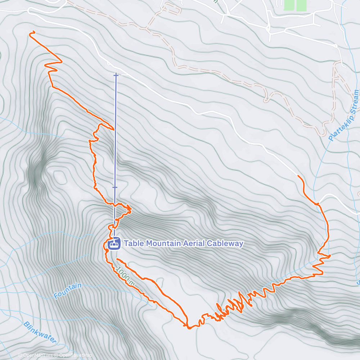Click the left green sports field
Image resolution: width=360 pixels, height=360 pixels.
pos(289,5)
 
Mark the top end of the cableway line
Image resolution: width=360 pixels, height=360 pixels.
pos(116,75)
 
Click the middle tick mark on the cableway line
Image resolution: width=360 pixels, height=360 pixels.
pos(115,187)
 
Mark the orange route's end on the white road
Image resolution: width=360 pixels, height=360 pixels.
pos(298,175)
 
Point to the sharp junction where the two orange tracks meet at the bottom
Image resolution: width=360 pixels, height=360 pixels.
pos(188,327)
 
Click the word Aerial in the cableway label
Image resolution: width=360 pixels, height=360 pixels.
pos(193,244)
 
